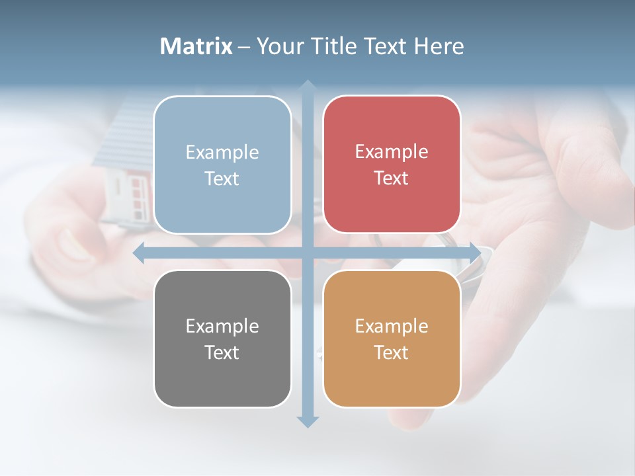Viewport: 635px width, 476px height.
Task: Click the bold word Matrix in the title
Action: point(196,46)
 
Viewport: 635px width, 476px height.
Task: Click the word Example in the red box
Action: point(392,152)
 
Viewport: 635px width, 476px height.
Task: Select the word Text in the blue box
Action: point(222,179)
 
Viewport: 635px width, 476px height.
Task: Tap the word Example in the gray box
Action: point(222,326)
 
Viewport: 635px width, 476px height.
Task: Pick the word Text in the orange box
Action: point(392,353)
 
